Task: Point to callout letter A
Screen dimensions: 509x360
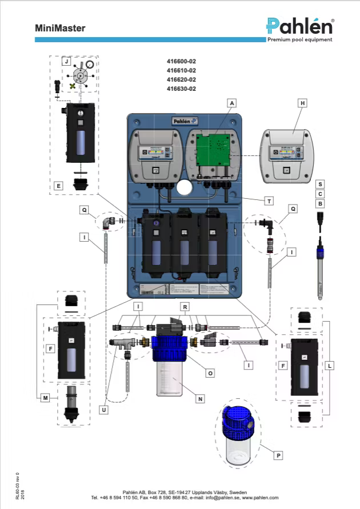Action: [x=231, y=103]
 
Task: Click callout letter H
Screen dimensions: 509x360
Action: [x=303, y=103]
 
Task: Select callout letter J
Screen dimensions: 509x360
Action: [x=66, y=61]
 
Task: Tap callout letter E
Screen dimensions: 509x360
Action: [x=58, y=186]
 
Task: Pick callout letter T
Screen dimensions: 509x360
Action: [x=268, y=201]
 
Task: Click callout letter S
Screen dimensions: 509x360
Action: [x=321, y=184]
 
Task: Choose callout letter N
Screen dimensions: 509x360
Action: [x=200, y=399]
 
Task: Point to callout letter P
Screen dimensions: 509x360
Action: [x=278, y=455]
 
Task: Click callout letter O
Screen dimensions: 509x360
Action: [x=210, y=372]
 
